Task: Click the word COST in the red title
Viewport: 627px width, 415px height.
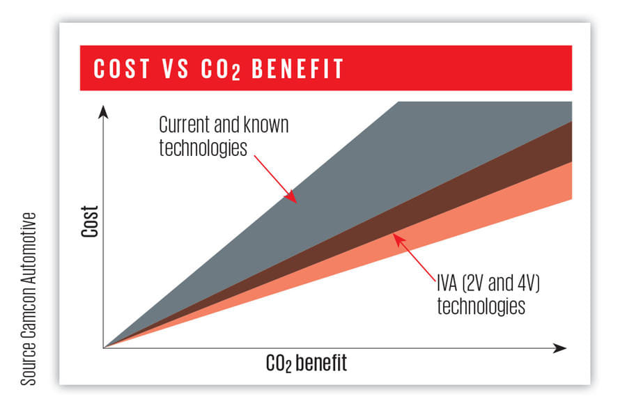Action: coord(122,69)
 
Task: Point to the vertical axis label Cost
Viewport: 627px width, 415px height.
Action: coord(89,221)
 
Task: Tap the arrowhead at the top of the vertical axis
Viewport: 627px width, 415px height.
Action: coord(103,111)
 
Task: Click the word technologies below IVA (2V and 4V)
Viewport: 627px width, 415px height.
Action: coord(481,306)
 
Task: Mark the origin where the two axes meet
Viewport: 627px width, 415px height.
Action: coord(103,347)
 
